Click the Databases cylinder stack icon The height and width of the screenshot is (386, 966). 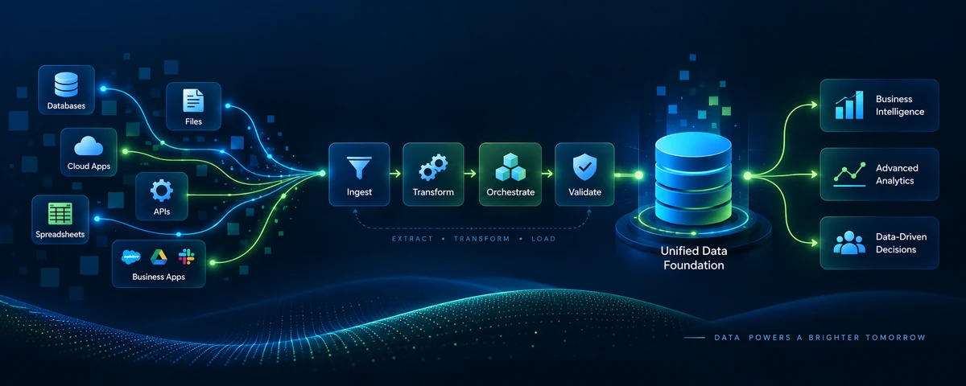coord(66,84)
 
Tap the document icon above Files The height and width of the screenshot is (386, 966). coord(193,101)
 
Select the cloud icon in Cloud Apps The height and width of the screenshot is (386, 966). coord(89,146)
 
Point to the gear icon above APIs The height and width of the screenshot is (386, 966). coord(161,191)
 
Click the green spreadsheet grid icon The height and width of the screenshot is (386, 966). coord(60,213)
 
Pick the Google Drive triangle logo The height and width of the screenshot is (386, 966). coord(159,257)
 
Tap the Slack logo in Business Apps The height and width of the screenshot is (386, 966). coord(186,257)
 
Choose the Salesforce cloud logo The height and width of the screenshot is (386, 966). coord(130,257)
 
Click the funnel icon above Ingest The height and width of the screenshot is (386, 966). coord(359,167)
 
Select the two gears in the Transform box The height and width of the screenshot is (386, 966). coord(433,167)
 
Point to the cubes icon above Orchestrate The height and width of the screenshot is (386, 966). coord(510,167)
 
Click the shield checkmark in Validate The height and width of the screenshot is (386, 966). coord(584,166)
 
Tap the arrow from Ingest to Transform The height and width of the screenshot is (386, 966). coord(395,174)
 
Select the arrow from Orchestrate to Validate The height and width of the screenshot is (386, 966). coord(547,174)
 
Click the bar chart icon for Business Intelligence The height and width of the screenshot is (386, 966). coord(849,105)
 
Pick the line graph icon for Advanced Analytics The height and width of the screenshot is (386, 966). coord(849,175)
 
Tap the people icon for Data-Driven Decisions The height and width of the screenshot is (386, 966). coord(849,243)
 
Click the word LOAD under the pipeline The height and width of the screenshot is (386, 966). coord(543,239)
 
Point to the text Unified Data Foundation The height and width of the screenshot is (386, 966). coord(693,257)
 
